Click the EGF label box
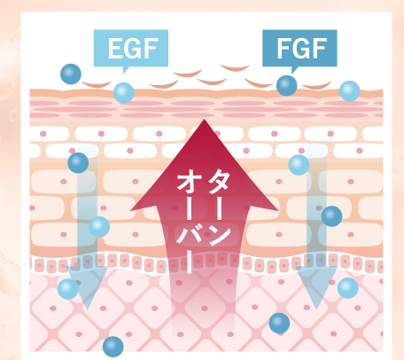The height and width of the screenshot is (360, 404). click(131, 48)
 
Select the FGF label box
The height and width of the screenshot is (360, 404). click(299, 48)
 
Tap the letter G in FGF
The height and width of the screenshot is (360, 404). click(302, 49)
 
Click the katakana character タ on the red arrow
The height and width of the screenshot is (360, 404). click(219, 180)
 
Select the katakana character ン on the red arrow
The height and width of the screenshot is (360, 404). click(220, 236)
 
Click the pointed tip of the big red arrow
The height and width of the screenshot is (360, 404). click(204, 120)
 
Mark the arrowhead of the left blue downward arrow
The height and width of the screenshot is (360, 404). click(88, 286)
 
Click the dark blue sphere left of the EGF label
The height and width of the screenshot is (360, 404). click(71, 74)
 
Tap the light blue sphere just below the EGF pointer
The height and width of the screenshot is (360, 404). click(123, 93)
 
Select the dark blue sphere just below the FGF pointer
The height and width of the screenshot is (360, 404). click(286, 86)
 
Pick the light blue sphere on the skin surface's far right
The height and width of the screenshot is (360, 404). click(349, 91)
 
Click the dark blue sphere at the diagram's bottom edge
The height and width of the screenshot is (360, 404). click(113, 347)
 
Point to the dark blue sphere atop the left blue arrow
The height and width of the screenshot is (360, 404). click(78, 163)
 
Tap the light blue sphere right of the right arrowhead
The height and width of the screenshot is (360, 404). click(348, 288)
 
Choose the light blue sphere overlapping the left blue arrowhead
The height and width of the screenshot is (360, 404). click(68, 289)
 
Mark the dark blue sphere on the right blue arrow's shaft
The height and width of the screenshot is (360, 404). click(331, 216)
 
